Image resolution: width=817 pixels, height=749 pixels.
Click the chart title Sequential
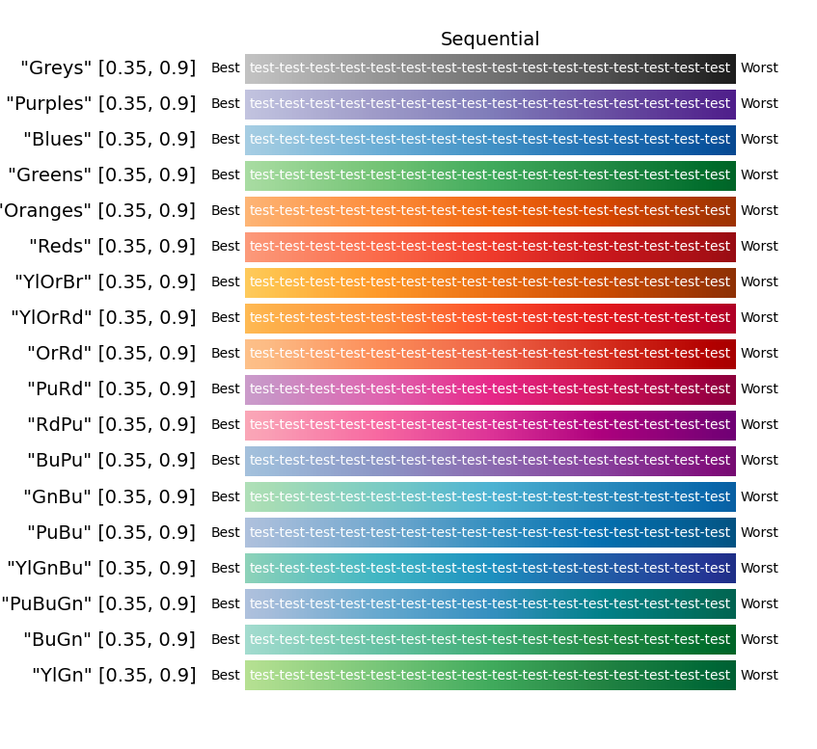click(x=490, y=40)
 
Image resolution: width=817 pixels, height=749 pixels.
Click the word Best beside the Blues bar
click(x=225, y=140)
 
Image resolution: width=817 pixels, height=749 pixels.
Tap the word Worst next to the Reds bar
click(x=759, y=247)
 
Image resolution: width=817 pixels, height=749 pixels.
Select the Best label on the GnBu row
click(x=225, y=497)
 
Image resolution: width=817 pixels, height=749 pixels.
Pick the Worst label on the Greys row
click(x=759, y=68)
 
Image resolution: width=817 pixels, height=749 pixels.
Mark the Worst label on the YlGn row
click(x=759, y=676)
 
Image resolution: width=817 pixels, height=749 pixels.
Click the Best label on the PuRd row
click(x=225, y=389)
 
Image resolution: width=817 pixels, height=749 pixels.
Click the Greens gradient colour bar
click(x=490, y=175)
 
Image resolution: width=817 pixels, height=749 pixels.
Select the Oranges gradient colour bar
click(x=490, y=211)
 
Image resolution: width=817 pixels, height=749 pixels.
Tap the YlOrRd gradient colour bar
click(x=490, y=318)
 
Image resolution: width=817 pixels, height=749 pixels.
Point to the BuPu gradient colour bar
click(x=490, y=461)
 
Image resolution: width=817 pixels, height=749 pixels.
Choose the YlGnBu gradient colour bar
click(x=490, y=569)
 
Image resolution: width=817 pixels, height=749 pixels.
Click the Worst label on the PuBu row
click(x=759, y=533)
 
